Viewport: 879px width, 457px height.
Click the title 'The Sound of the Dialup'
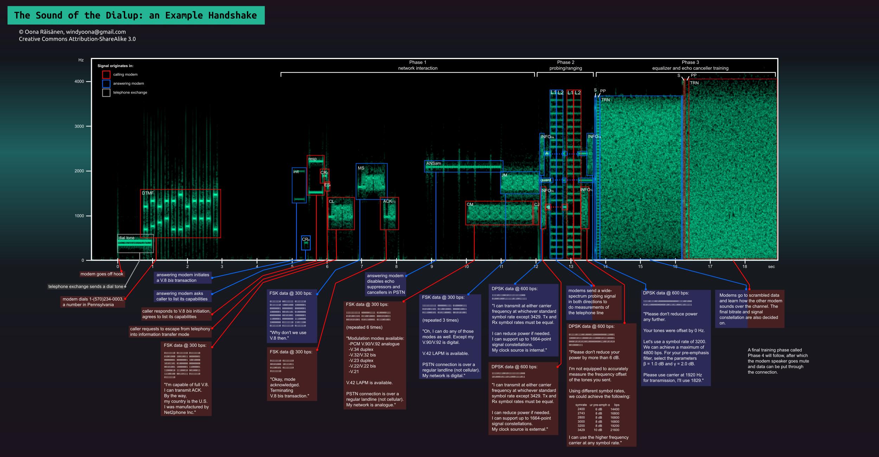click(x=135, y=15)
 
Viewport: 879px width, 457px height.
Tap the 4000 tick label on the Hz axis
click(x=79, y=81)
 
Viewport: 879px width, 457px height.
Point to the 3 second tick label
click(x=222, y=267)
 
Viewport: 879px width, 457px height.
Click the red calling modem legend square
click(x=106, y=74)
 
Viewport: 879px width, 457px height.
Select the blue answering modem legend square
click(x=106, y=84)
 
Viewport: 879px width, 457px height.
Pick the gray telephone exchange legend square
click(x=106, y=93)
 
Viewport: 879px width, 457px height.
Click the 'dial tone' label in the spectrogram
click(x=127, y=238)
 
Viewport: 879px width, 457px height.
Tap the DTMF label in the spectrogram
click(x=148, y=193)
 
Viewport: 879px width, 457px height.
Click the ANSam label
click(x=434, y=164)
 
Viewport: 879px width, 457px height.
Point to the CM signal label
click(x=470, y=204)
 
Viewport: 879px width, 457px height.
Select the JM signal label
click(x=504, y=175)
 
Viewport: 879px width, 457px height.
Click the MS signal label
click(x=361, y=168)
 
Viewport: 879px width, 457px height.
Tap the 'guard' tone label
click(x=546, y=180)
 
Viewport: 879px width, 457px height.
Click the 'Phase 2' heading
click(x=566, y=62)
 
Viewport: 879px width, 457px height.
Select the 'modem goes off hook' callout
click(x=102, y=274)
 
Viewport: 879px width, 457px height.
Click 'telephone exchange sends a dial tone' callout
click(x=86, y=287)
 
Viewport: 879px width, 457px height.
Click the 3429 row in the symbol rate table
click(x=597, y=430)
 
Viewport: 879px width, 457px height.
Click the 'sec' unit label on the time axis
click(x=771, y=267)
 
